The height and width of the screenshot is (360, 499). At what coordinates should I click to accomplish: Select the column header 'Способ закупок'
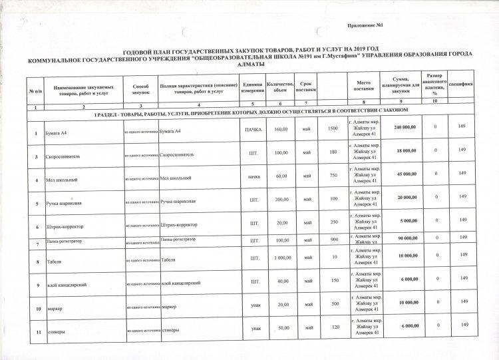[140, 89]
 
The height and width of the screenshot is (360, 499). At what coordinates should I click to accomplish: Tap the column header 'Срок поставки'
[306, 87]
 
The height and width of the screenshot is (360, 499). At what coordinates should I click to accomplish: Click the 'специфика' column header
[460, 84]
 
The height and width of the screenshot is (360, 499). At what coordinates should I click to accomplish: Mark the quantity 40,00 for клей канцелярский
[281, 281]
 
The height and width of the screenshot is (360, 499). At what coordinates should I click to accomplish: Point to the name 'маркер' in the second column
[55, 307]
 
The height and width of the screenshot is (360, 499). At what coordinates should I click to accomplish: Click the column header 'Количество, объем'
[280, 87]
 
